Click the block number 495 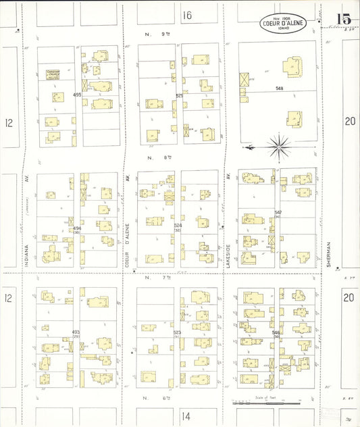point(77,95)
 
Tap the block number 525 point(179,96)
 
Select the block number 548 point(279,89)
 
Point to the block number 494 point(77,228)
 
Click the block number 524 point(178,225)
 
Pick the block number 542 point(278,212)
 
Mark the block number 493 point(76,332)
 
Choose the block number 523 point(178,332)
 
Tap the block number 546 point(276,332)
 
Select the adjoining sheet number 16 point(187,15)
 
